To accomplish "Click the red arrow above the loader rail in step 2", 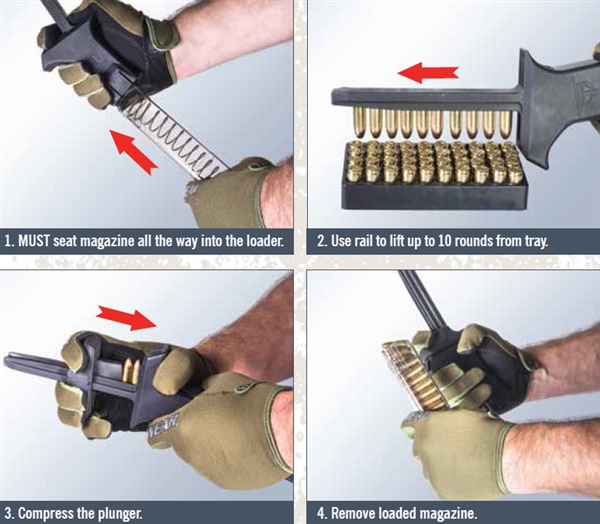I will tap(428, 72).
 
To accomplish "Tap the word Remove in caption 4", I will tap(360, 513).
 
